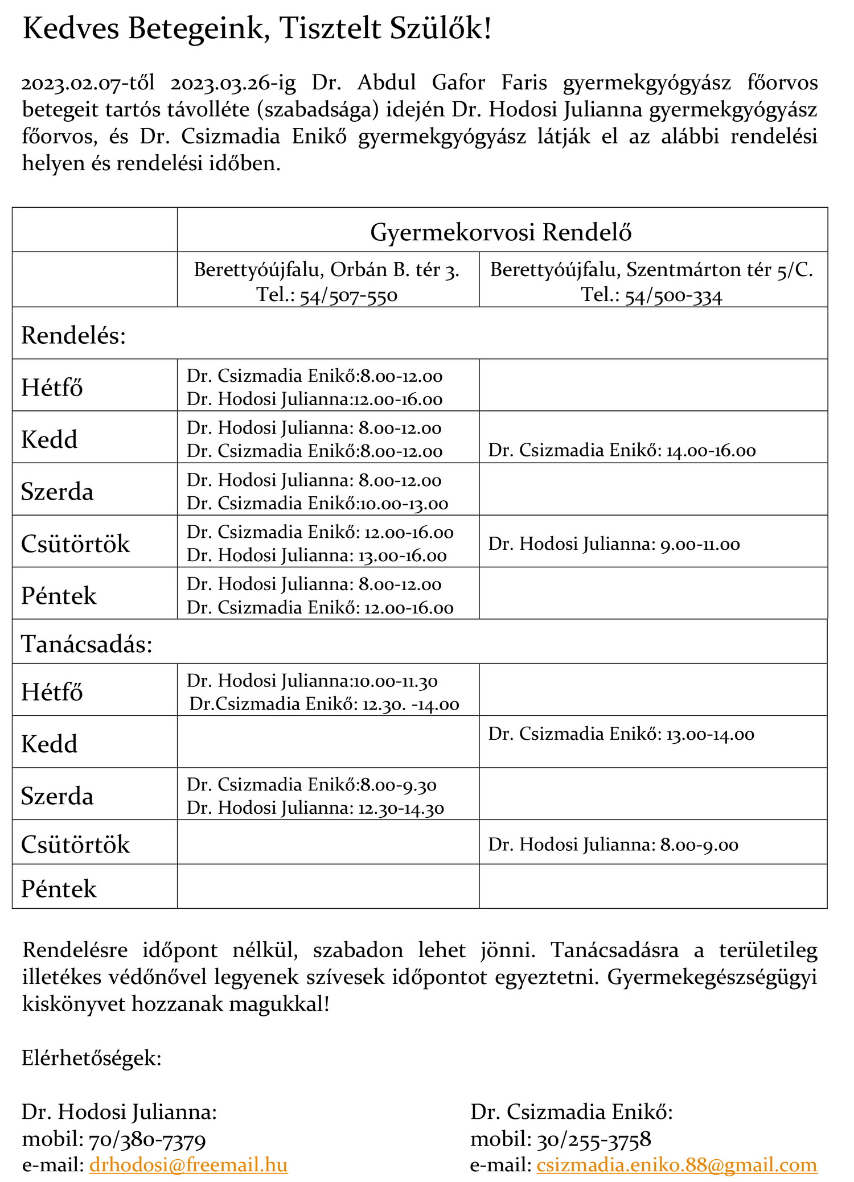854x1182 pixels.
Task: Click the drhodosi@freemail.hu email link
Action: click(188, 1164)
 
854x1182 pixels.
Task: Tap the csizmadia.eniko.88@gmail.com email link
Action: click(676, 1164)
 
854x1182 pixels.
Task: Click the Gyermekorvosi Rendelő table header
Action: click(501, 232)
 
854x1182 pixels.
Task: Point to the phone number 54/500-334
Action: click(674, 296)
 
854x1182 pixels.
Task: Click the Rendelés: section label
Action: click(73, 335)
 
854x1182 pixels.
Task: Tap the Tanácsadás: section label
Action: click(87, 644)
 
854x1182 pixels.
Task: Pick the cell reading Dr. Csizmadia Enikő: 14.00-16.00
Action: click(622, 451)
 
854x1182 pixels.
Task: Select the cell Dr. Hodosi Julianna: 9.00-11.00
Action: click(614, 544)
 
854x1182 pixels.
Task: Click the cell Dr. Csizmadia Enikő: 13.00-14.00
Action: click(621, 734)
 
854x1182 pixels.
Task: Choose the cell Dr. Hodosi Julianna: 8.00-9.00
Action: click(613, 845)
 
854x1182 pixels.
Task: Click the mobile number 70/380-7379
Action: click(147, 1139)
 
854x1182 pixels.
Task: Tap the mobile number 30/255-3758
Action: click(594, 1139)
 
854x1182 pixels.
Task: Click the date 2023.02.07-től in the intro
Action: click(88, 83)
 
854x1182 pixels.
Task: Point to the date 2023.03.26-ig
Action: click(233, 83)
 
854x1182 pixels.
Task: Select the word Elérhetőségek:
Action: click(92, 1058)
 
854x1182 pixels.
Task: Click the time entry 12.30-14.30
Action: click(401, 808)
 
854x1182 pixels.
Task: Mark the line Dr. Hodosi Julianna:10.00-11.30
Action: click(312, 681)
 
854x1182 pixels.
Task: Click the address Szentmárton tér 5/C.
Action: click(720, 269)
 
